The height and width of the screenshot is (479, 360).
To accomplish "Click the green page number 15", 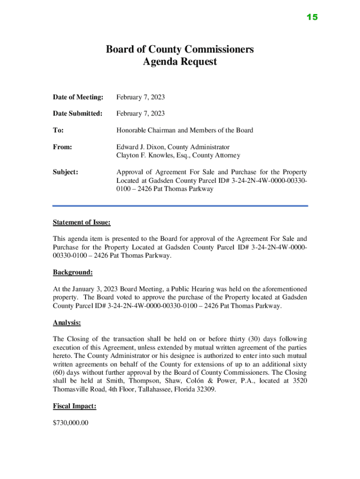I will coord(312,17).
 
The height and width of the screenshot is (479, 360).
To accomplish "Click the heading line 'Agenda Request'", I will coord(180,62).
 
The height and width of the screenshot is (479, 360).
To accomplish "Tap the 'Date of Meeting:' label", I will coord(78,97).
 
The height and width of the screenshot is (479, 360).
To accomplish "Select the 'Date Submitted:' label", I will coord(78,114).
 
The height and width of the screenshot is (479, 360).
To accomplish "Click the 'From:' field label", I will coord(63,147).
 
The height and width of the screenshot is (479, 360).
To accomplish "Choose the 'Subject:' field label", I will coord(65,172).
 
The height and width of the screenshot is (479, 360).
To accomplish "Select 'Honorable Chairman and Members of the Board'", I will coord(185,130).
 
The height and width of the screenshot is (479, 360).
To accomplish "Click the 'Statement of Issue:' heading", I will coord(82,222).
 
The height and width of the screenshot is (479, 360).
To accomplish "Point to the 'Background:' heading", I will coord(73,272).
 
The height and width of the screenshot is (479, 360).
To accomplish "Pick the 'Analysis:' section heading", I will coord(67,322).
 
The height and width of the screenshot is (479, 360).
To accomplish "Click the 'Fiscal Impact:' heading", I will coord(75,406).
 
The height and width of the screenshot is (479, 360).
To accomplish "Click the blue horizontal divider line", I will coord(180,205).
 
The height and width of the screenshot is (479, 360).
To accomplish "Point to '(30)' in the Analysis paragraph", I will coord(245,339).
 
